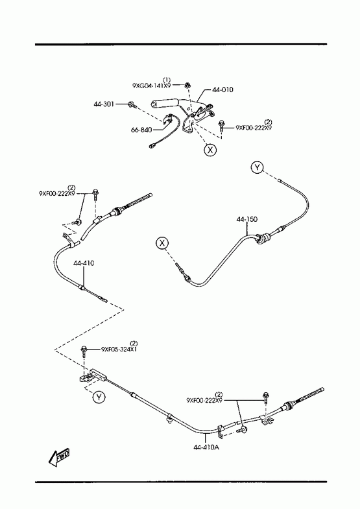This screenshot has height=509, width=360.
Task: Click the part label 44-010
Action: tap(222, 89)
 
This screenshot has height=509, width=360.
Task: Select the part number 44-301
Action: tap(104, 104)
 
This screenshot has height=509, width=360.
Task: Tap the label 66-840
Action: tap(141, 130)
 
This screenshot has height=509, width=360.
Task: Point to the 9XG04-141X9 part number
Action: tap(152, 86)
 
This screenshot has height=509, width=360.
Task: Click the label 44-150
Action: tap(246, 219)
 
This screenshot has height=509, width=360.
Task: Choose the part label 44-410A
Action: tap(206, 447)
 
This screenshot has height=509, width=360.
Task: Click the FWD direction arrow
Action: tap(58, 457)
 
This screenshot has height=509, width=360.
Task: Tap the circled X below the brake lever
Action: tap(210, 150)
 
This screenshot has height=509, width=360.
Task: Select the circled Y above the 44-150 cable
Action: tap(257, 167)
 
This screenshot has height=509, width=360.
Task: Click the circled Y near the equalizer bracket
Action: tap(99, 397)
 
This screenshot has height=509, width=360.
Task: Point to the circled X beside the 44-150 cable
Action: tap(162, 243)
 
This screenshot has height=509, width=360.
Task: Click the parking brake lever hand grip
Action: tap(163, 104)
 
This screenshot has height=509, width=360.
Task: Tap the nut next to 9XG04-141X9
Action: tap(187, 86)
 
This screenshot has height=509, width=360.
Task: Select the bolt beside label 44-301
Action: tap(132, 104)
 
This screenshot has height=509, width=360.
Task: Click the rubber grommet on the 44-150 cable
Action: tap(261, 239)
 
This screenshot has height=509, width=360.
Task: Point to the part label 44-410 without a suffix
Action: tap(84, 263)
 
